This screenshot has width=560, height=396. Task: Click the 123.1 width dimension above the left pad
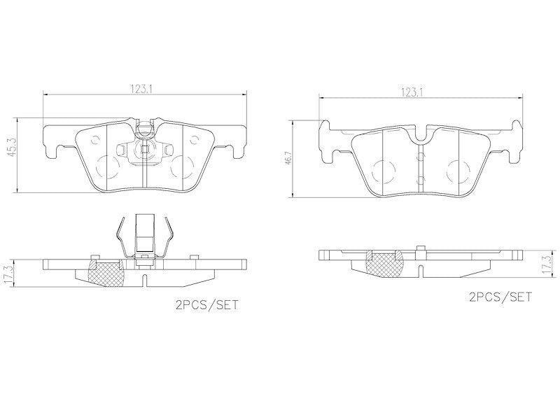click(x=141, y=90)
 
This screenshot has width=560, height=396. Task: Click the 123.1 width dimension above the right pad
click(x=412, y=92)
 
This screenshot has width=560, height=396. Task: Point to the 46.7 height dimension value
click(x=289, y=157)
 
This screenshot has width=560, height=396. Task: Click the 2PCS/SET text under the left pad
click(x=206, y=306)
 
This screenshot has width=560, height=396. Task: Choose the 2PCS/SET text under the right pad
click(x=500, y=297)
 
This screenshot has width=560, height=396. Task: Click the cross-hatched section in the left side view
click(x=106, y=274)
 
